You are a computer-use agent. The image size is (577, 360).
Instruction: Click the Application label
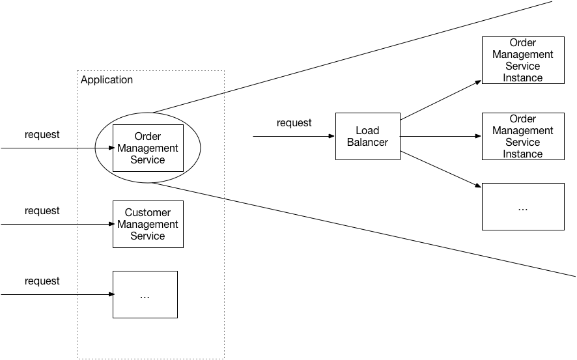click(x=106, y=80)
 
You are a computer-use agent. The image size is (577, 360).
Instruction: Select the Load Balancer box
click(x=367, y=136)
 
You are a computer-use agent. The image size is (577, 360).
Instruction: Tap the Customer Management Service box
click(x=148, y=224)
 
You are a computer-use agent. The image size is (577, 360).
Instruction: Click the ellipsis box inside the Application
click(x=145, y=294)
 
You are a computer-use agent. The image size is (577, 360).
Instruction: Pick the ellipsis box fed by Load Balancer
click(x=522, y=206)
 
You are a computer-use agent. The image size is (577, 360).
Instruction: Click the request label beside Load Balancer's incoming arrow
click(x=294, y=122)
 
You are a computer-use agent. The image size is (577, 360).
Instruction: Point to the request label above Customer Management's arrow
click(x=42, y=211)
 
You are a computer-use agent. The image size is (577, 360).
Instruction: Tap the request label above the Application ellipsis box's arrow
click(x=42, y=281)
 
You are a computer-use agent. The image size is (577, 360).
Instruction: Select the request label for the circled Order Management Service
click(x=42, y=135)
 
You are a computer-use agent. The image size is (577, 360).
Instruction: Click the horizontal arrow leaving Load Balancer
click(x=440, y=137)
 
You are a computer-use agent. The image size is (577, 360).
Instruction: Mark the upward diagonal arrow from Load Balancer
click(x=440, y=101)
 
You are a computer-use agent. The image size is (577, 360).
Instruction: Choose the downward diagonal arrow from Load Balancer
click(x=440, y=171)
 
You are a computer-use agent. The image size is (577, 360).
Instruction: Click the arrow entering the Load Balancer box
click(x=293, y=137)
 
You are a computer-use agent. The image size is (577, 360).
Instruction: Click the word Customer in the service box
click(x=148, y=213)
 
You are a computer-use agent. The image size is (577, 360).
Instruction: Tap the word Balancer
click(x=367, y=143)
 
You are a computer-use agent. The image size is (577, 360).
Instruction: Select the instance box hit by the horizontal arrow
click(x=522, y=137)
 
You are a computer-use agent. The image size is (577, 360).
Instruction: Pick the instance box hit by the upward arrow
click(x=522, y=60)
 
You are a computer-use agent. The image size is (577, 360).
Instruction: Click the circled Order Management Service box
click(x=148, y=148)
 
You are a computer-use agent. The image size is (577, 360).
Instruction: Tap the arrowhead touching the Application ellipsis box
click(x=109, y=294)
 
